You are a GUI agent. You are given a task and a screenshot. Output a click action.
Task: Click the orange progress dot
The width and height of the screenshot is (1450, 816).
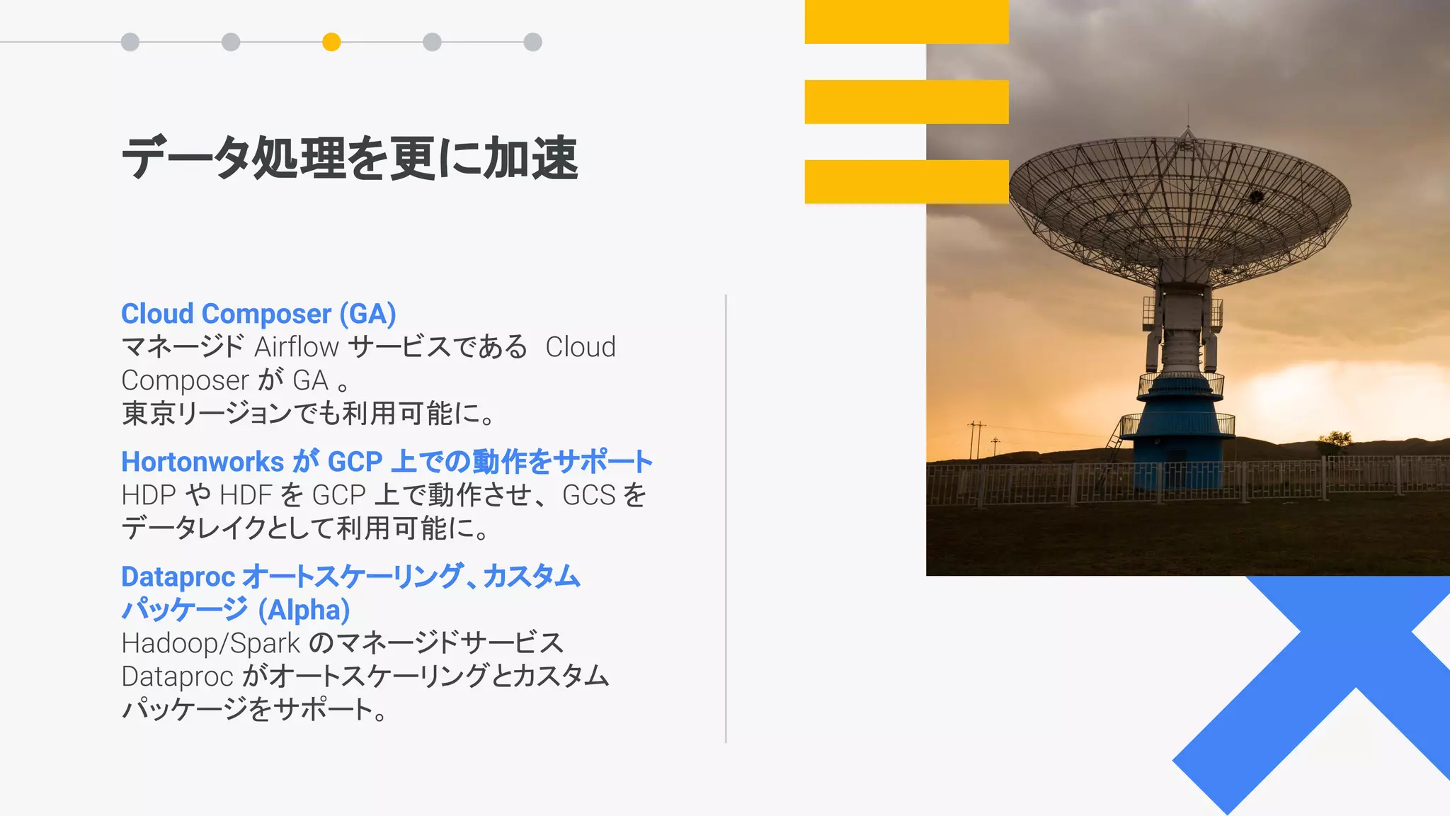point(331,42)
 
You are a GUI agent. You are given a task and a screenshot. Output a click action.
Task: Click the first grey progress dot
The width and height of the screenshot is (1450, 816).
point(130,42)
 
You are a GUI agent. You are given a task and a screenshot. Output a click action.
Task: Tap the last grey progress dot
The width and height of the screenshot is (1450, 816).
point(533,42)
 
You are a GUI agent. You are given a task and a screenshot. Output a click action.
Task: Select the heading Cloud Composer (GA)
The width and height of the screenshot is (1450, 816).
point(258,314)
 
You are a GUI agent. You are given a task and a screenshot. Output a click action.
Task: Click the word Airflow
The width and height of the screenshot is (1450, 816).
point(297,347)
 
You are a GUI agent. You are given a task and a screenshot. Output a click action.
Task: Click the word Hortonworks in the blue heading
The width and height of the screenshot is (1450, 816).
point(202,462)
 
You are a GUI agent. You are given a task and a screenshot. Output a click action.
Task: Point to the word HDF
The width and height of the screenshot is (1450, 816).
point(246,495)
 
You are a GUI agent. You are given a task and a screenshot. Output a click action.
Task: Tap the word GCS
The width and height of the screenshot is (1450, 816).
point(589,495)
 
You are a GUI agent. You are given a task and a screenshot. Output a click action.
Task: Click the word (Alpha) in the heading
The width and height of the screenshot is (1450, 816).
point(304,610)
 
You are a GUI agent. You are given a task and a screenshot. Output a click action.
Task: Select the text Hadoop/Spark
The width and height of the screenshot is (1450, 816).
point(210,643)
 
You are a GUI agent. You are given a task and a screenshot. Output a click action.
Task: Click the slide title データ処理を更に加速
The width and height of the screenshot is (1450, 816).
point(350,158)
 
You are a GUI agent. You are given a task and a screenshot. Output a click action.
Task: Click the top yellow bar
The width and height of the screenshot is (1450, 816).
point(906,21)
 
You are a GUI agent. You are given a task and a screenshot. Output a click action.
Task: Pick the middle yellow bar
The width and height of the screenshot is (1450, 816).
point(906,101)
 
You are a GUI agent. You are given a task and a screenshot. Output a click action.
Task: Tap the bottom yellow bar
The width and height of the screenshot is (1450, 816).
point(906,181)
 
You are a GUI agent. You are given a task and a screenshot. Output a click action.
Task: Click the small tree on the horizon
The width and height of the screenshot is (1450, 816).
point(1335,441)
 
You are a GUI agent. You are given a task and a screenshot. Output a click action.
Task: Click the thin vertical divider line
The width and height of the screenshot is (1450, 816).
point(726,517)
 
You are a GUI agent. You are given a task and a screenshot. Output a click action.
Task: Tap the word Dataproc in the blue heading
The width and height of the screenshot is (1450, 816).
point(178,577)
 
